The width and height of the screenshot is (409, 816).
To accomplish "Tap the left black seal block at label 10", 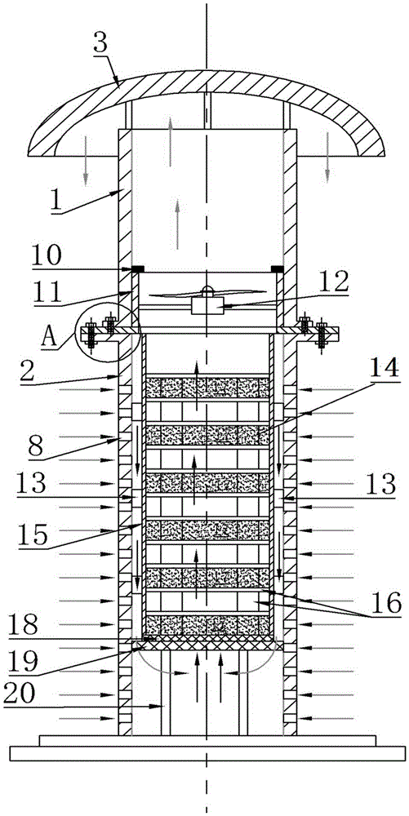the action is coord(138,269).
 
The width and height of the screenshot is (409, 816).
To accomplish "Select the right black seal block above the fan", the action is coord(278,269).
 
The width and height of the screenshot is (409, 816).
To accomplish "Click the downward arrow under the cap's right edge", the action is coord(327,157).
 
